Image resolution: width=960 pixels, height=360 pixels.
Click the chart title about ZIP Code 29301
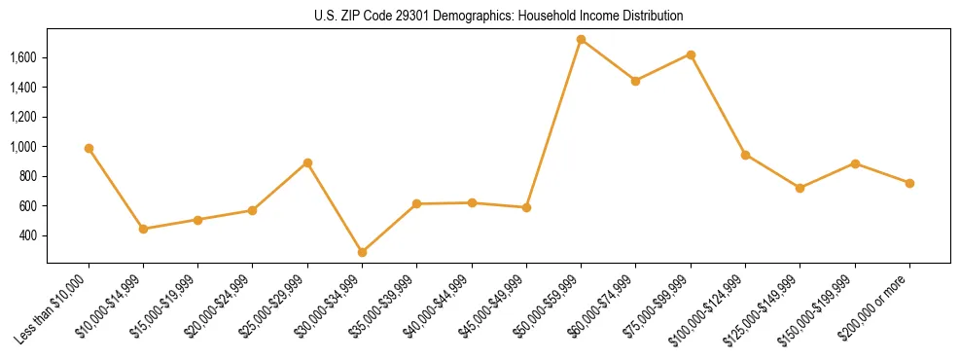coord(498,16)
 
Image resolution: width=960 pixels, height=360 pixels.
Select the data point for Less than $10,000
coord(89,148)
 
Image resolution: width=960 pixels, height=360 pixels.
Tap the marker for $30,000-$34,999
coord(362,252)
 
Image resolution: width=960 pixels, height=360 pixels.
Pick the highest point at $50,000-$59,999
coord(581,40)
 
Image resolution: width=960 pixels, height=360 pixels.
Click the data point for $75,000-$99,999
coord(691,54)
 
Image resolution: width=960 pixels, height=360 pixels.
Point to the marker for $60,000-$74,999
coord(635,81)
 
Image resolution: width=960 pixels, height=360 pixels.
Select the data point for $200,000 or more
coord(909,183)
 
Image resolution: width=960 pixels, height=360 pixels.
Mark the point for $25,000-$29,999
coord(307,162)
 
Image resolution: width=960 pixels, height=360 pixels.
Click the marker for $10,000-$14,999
coord(143,229)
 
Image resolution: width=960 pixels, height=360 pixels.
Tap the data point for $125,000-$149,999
coord(800,188)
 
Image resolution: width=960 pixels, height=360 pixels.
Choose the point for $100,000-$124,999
coord(745,155)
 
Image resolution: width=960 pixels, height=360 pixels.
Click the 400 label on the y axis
coord(28,235)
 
